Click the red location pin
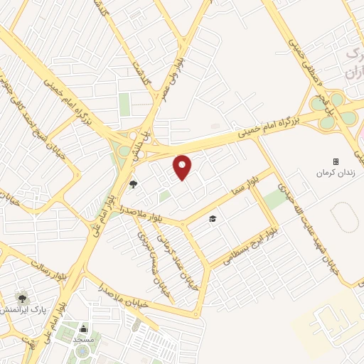183,167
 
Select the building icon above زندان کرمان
336,161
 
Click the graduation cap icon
213,218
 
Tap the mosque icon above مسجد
84,328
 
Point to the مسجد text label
84,340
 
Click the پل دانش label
147,136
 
